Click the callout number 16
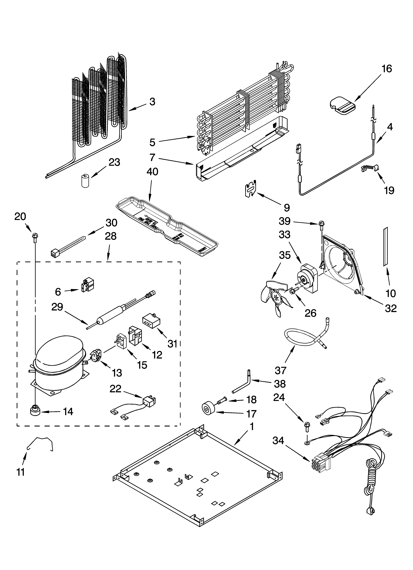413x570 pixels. pos(387,69)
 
